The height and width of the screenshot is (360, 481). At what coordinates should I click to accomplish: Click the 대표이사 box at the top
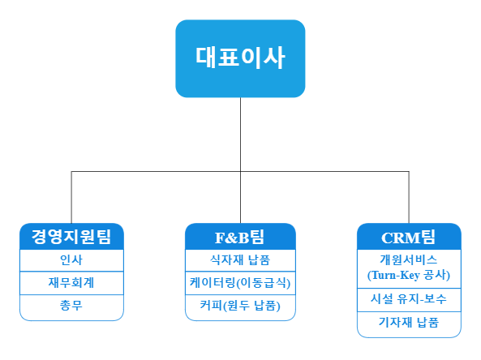[x=240, y=58]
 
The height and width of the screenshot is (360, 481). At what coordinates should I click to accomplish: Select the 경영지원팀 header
[x=71, y=237]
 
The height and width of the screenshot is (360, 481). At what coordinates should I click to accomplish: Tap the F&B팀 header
[x=240, y=237]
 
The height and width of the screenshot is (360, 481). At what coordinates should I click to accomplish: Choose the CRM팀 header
[x=409, y=237]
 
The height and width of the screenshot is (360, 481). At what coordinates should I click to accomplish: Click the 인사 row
[x=71, y=260]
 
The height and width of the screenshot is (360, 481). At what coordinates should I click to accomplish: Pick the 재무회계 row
[x=71, y=283]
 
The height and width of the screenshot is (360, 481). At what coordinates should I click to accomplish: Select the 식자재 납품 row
[x=240, y=260]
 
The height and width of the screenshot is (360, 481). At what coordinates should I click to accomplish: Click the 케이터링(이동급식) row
[x=240, y=283]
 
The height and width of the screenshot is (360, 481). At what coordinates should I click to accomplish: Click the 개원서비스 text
[x=409, y=260]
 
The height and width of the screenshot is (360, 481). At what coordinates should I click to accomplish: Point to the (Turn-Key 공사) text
[x=409, y=275]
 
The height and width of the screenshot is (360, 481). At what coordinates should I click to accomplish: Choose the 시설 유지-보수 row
[x=409, y=300]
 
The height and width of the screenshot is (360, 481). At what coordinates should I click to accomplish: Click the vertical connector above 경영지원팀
[x=71, y=197]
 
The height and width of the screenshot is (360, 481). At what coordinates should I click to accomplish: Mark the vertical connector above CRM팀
[x=409, y=197]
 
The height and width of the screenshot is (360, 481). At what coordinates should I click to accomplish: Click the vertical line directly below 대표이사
[x=240, y=161]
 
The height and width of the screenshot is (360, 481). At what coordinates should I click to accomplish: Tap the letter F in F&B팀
[x=219, y=238]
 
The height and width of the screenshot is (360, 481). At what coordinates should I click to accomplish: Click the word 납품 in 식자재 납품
[x=260, y=260]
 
